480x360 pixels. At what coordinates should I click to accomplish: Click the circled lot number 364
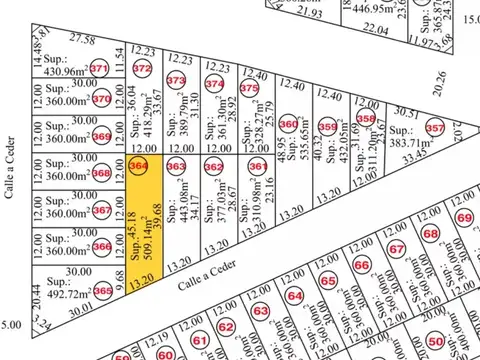pyautogui.click(x=139, y=165)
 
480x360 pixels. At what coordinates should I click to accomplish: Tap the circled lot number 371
pyautogui.click(x=99, y=69)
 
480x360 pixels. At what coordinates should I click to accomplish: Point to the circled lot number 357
pyautogui.click(x=434, y=129)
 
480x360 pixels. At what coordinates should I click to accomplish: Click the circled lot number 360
pyautogui.click(x=289, y=124)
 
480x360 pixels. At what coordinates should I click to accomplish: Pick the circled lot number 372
pyautogui.click(x=142, y=69)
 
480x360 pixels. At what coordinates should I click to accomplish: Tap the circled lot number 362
pyautogui.click(x=213, y=166)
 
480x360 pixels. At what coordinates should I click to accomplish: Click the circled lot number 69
pyautogui.click(x=464, y=218)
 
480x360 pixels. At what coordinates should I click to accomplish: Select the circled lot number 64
pyautogui.click(x=294, y=296)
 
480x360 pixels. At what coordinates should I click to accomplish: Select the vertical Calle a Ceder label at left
pyautogui.click(x=13, y=165)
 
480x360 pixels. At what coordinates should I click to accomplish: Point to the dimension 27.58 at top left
pyautogui.click(x=81, y=40)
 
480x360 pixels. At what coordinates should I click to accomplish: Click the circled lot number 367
pyautogui.click(x=102, y=211)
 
